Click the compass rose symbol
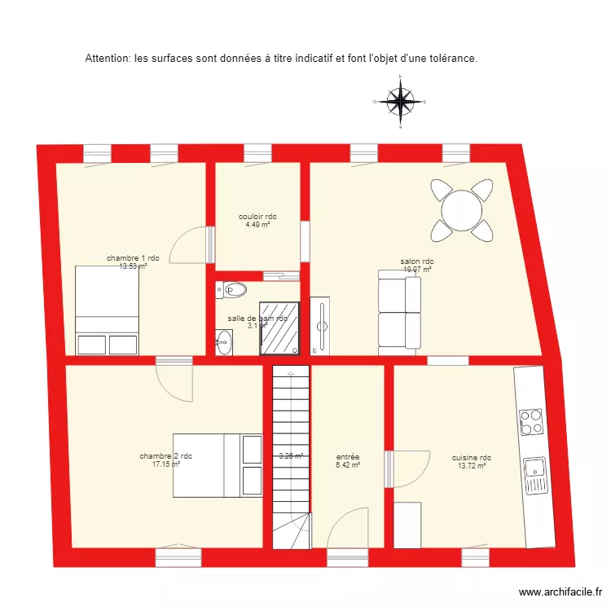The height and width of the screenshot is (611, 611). (400, 102)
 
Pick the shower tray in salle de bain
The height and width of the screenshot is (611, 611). (279, 329)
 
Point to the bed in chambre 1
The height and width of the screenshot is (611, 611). (107, 310)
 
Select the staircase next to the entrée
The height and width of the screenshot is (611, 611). (291, 456)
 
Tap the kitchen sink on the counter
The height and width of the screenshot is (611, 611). (534, 473)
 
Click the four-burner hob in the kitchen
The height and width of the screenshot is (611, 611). (532, 423)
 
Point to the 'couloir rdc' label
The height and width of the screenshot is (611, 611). (257, 217)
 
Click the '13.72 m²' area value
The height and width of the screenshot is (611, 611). (471, 466)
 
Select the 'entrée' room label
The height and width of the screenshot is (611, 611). (348, 457)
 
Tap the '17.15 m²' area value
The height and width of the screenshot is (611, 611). (165, 464)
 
